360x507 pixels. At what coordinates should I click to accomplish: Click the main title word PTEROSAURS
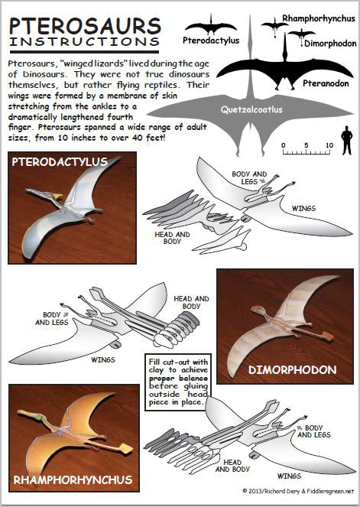[x=85, y=26]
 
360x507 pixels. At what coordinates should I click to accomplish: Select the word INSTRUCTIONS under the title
[x=85, y=42]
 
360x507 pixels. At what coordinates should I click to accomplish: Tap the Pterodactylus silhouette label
[x=211, y=41]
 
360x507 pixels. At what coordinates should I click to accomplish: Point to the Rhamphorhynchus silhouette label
[x=319, y=18]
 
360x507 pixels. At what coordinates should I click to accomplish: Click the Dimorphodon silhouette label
[x=330, y=44]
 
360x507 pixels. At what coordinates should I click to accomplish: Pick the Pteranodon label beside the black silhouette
[x=326, y=83]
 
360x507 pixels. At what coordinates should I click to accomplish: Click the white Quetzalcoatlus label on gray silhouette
[x=251, y=109]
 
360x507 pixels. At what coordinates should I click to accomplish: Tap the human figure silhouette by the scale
[x=346, y=141]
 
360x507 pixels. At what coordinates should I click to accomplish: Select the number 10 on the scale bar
[x=329, y=145]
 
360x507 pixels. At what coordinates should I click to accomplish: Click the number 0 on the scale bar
[x=284, y=145]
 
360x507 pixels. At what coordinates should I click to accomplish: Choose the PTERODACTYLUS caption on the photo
[x=60, y=161]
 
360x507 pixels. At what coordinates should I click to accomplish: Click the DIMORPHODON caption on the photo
[x=293, y=369]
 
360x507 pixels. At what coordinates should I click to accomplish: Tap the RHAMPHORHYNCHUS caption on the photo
[x=73, y=479]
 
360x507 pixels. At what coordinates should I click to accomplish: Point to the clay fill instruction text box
[x=178, y=382]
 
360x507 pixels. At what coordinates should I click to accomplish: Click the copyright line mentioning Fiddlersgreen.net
[x=298, y=491]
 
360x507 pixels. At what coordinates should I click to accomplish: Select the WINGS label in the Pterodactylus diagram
[x=303, y=209]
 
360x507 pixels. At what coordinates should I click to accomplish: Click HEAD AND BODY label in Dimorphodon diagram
[x=191, y=302]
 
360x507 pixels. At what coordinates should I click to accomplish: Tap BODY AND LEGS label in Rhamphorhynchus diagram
[x=314, y=431]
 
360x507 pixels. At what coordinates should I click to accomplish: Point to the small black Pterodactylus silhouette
[x=211, y=27]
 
